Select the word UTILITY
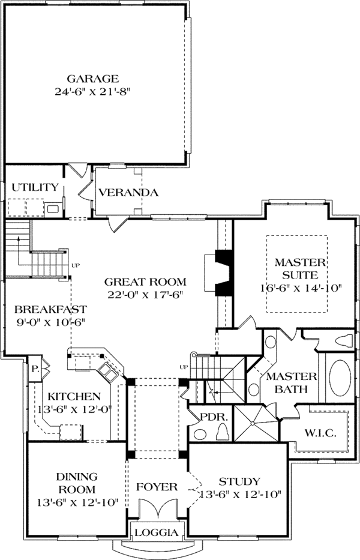coord(35,187)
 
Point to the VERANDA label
coord(128,193)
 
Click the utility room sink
coord(53,209)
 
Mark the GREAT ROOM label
coord(145,281)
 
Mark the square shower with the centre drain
coord(255,424)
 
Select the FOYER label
coord(157,486)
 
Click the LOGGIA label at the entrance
coord(156,532)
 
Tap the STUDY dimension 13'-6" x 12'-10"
coord(239,495)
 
